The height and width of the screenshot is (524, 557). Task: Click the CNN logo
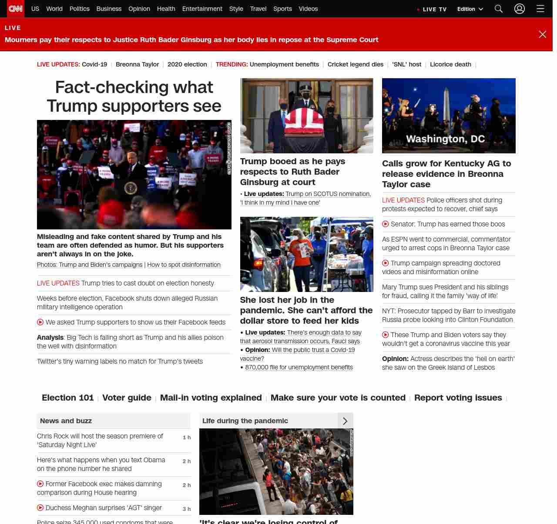pos(16,9)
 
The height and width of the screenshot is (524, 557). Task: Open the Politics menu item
pos(79,9)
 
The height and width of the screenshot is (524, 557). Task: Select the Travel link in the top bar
pos(258,9)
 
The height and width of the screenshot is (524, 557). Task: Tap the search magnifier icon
pos(499,9)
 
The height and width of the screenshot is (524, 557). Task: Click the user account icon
pos(520,9)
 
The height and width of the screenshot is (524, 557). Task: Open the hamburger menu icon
pos(540,9)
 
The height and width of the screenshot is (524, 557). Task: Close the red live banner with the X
pos(542,34)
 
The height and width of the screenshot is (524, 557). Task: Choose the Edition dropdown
pos(470,9)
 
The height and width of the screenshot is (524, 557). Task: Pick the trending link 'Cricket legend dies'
pos(355,64)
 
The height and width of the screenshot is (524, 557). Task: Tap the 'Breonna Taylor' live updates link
pos(137,64)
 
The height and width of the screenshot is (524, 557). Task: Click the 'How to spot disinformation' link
pos(184,265)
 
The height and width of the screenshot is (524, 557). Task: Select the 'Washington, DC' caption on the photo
pos(445,139)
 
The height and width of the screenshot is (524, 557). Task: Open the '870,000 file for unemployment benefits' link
pos(299,367)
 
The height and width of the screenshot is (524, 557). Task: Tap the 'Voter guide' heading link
pos(127,398)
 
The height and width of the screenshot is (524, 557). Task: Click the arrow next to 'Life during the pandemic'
pos(345,421)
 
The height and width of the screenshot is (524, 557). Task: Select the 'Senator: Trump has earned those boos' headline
pos(448,224)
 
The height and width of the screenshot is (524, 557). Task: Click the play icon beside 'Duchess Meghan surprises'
pos(40,507)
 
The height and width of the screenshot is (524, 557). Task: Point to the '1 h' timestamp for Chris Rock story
pos(187,438)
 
